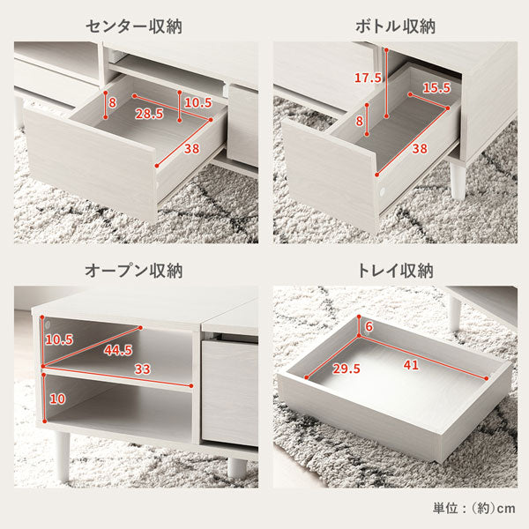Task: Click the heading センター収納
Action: click(x=134, y=26)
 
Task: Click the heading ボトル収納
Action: click(x=395, y=26)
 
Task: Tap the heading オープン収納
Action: click(x=134, y=271)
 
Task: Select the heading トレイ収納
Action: click(x=395, y=271)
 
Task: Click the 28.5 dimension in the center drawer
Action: click(x=150, y=114)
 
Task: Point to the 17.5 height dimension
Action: click(x=368, y=78)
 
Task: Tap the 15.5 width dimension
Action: click(x=437, y=87)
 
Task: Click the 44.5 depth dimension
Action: click(x=118, y=350)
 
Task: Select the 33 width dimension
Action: click(x=142, y=369)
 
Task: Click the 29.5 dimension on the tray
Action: click(x=346, y=369)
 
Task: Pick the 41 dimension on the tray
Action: click(x=411, y=365)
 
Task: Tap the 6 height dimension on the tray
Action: click(x=369, y=326)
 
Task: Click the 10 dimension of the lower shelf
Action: click(x=57, y=399)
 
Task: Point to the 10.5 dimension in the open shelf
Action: click(x=59, y=339)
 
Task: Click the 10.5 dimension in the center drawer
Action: click(x=198, y=102)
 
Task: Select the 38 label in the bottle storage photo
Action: click(x=420, y=148)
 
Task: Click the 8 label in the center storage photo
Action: click(x=113, y=102)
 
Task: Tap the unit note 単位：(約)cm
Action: click(x=474, y=509)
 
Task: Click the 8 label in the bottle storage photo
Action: click(x=360, y=121)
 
